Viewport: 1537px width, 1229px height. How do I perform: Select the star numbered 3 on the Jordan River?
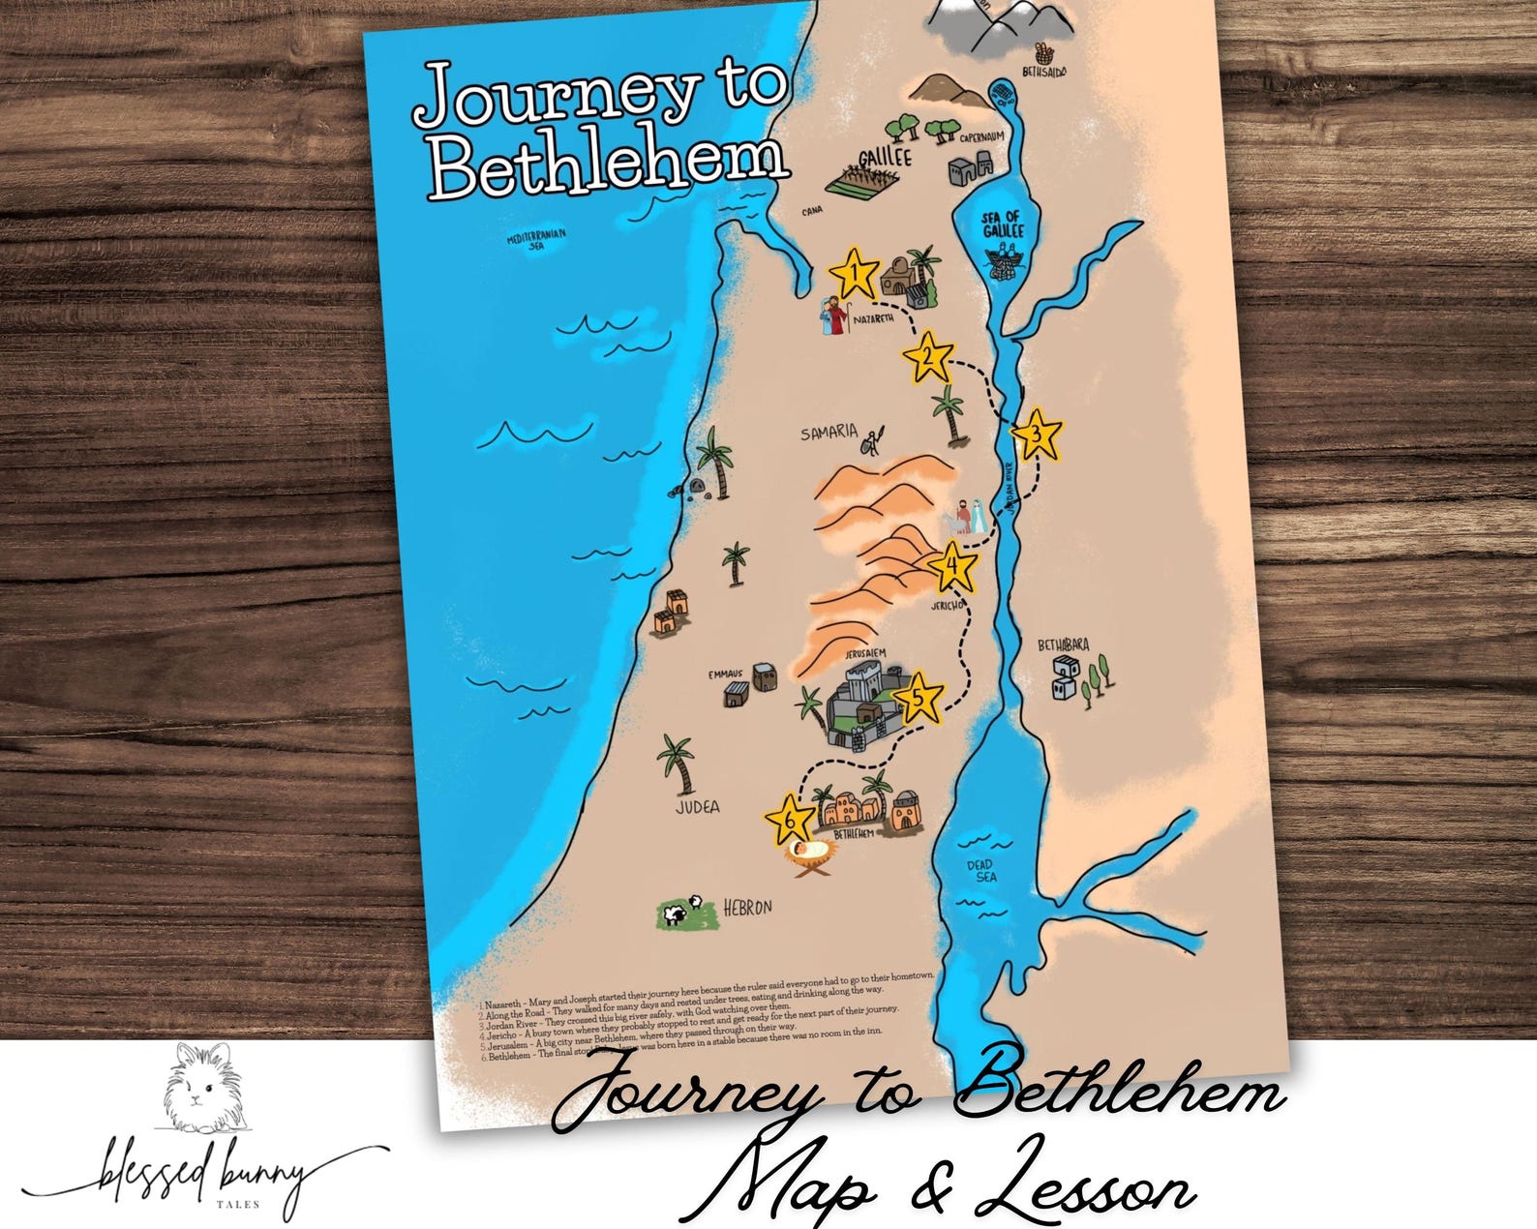(x=1037, y=435)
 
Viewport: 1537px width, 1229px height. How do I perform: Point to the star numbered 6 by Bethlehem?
(x=791, y=821)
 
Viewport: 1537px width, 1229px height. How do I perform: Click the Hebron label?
(x=748, y=908)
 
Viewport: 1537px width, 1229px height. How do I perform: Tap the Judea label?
(x=698, y=806)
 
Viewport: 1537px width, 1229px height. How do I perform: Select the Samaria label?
(x=829, y=433)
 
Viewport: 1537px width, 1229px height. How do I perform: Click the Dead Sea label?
(x=984, y=870)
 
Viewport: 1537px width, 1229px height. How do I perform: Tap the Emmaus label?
(x=725, y=674)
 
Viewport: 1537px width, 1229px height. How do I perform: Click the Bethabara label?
(x=1064, y=645)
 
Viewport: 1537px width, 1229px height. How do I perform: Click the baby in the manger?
(x=812, y=851)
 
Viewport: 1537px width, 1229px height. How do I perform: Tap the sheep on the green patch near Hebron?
(x=678, y=912)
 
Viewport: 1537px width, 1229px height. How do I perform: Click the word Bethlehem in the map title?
(x=608, y=166)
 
